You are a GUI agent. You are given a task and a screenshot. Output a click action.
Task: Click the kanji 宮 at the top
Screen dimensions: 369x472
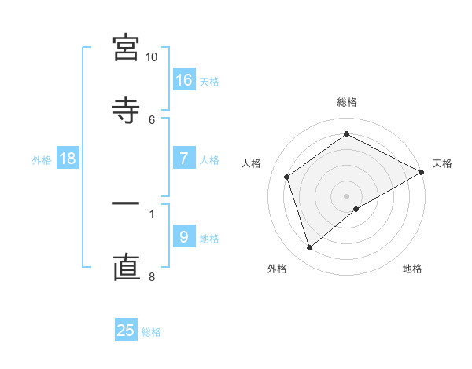(126, 48)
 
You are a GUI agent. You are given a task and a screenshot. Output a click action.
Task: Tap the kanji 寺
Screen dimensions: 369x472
(126, 108)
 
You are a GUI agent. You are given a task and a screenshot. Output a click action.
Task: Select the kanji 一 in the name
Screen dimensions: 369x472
(126, 204)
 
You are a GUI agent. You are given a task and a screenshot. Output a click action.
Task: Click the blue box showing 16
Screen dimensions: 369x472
(184, 79)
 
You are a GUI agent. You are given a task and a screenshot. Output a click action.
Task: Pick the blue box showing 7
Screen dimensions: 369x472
(184, 159)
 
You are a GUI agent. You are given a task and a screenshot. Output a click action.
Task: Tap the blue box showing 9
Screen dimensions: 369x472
(184, 237)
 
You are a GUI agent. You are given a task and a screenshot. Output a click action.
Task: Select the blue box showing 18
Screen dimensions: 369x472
(68, 159)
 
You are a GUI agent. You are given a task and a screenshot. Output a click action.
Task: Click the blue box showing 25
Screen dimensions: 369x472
(126, 331)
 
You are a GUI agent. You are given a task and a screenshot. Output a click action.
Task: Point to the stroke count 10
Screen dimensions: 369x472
(152, 57)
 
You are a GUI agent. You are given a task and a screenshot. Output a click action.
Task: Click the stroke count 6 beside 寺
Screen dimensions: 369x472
(152, 119)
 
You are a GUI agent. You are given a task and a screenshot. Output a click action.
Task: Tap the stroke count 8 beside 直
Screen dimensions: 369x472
(152, 276)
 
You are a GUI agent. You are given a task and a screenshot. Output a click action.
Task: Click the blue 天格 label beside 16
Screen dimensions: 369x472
(209, 81)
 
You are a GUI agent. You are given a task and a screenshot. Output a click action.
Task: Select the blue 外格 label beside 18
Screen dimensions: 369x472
(42, 160)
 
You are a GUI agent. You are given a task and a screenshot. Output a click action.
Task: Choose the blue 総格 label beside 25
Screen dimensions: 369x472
(151, 332)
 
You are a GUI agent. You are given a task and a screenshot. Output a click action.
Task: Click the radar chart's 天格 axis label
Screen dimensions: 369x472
(442, 163)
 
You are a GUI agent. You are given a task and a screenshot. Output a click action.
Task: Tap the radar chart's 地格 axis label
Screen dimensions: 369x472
(412, 269)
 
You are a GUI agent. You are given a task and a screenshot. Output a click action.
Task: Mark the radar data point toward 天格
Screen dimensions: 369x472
(422, 173)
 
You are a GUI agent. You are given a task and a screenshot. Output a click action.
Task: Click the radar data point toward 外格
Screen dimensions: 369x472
(309, 248)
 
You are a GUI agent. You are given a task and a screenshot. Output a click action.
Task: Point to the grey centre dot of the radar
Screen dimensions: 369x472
(347, 195)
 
